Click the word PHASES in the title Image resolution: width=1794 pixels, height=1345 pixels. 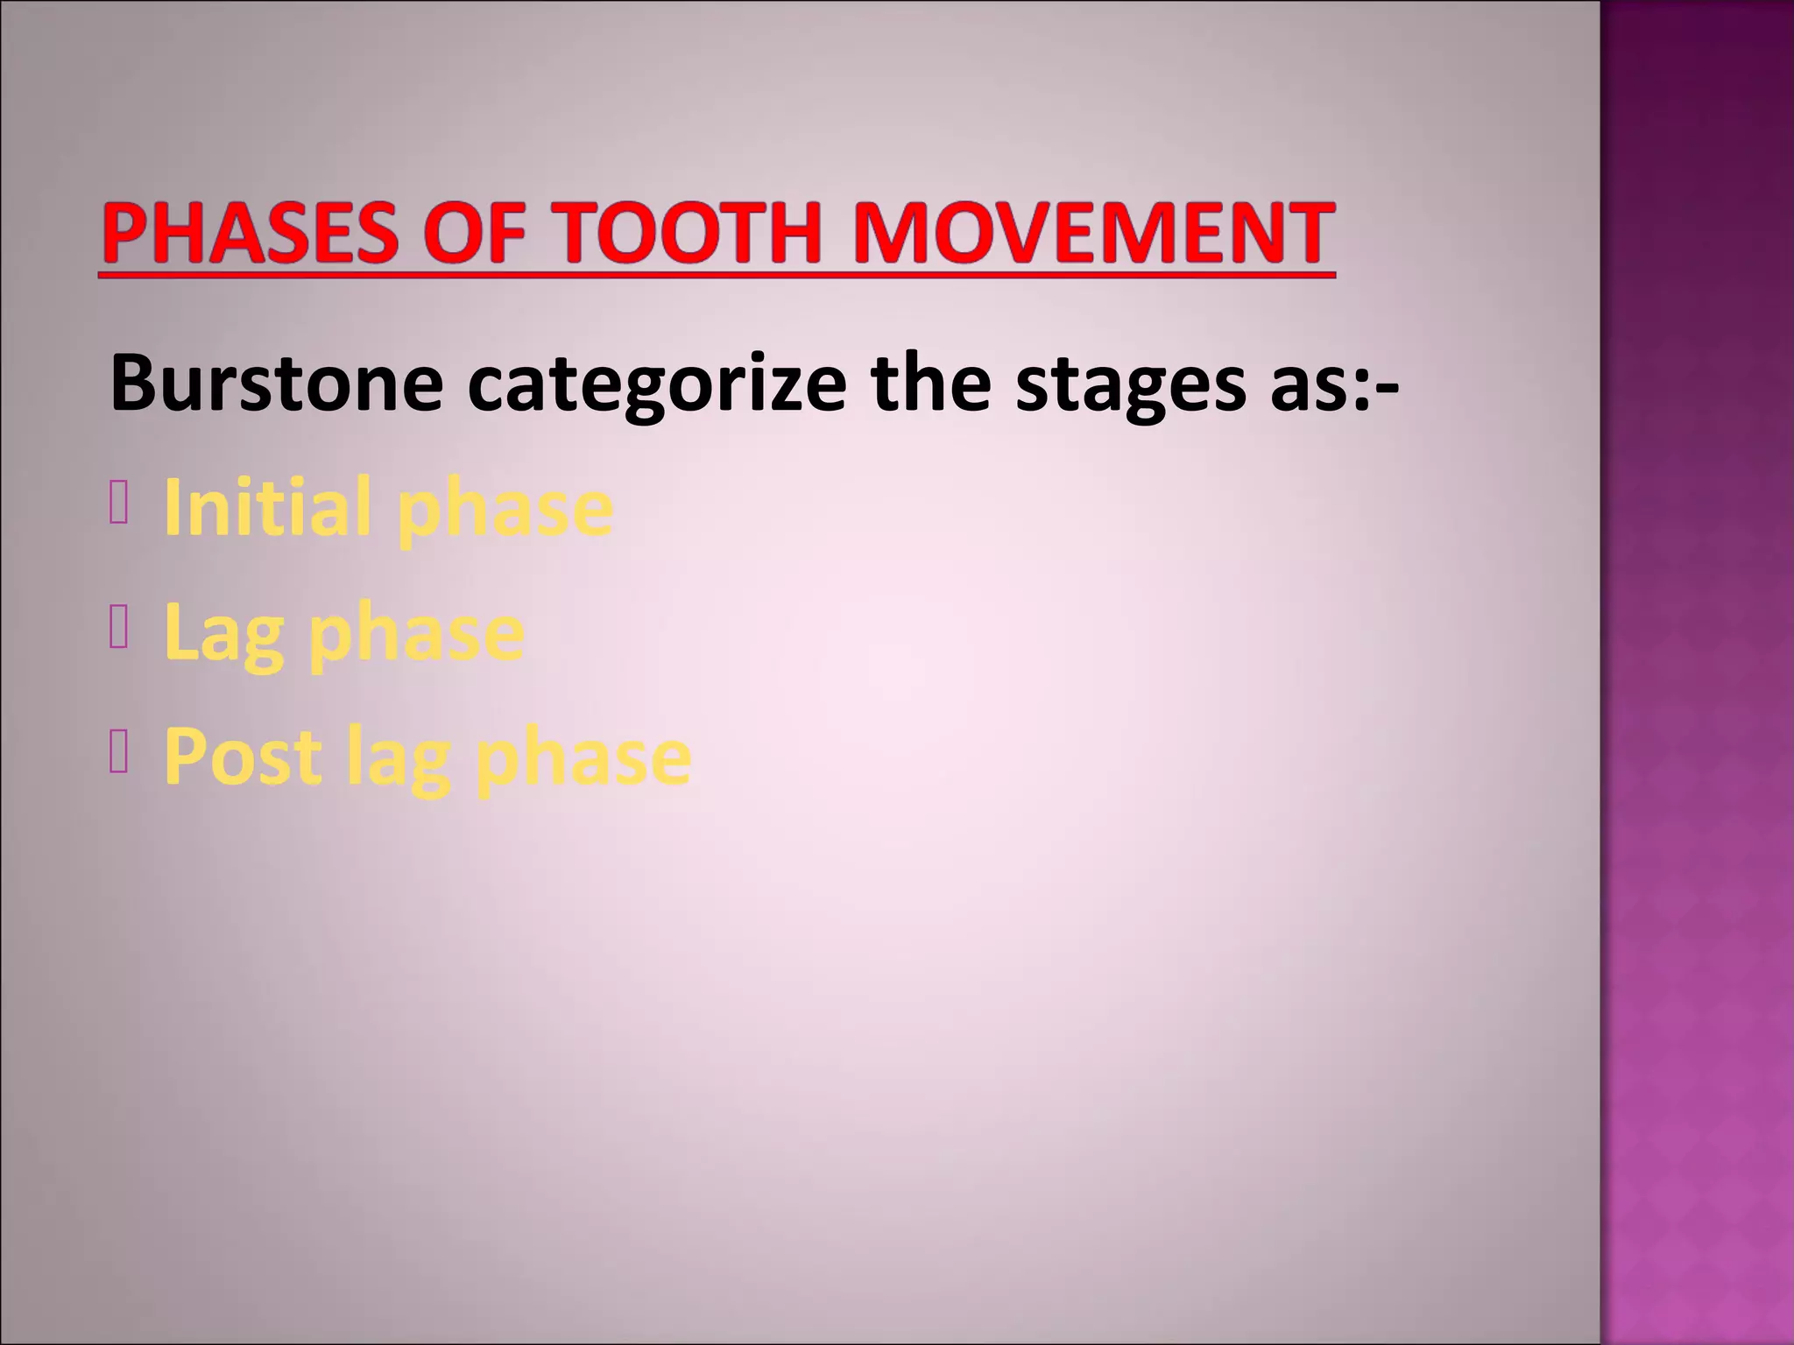pyautogui.click(x=250, y=233)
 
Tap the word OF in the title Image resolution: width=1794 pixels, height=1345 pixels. pyautogui.click(x=474, y=233)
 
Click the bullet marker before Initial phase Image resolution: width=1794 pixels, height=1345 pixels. pyautogui.click(x=119, y=506)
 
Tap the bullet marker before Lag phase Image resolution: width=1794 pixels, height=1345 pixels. pyautogui.click(x=119, y=630)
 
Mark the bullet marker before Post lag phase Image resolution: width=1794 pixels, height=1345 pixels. pyautogui.click(x=119, y=755)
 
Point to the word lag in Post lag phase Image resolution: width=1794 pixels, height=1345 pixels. pyautogui.click(x=399, y=758)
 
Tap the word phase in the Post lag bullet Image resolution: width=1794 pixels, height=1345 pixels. pyautogui.click(x=583, y=758)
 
